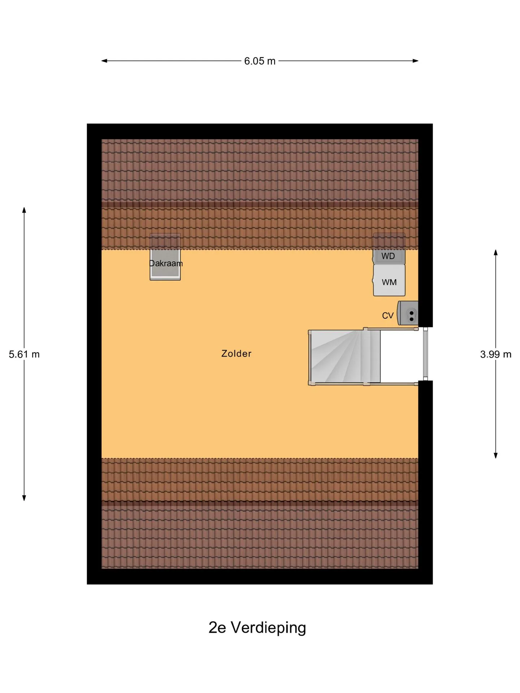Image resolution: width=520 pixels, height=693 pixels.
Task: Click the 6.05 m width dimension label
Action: click(x=260, y=61)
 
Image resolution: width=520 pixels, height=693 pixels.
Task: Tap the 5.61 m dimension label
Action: click(x=24, y=354)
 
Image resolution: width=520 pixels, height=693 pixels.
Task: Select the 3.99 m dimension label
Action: click(x=496, y=354)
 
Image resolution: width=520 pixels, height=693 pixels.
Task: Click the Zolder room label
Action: click(x=236, y=353)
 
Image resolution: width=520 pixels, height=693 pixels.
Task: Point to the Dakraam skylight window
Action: click(x=165, y=257)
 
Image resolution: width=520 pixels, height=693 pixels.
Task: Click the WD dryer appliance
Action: click(x=389, y=249)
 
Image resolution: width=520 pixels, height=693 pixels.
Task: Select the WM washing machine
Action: click(x=389, y=280)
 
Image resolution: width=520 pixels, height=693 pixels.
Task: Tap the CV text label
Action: click(x=387, y=315)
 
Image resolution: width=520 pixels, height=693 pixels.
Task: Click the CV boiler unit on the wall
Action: click(x=408, y=313)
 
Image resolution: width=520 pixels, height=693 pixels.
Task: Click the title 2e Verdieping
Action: click(x=257, y=628)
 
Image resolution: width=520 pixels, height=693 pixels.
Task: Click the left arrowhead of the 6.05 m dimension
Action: click(x=104, y=61)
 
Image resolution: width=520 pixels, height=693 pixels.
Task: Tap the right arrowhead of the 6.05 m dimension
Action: click(x=416, y=61)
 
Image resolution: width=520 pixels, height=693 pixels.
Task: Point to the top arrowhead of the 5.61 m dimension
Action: click(x=24, y=210)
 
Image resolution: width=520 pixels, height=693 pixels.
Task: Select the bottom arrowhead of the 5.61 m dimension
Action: click(x=24, y=498)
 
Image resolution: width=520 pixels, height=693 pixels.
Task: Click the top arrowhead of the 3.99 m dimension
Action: click(x=496, y=252)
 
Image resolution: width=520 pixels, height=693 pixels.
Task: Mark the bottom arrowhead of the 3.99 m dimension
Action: click(x=496, y=456)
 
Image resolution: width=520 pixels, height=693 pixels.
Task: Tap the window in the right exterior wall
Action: click(x=425, y=354)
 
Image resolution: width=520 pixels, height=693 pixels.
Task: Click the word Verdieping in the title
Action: click(x=268, y=628)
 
